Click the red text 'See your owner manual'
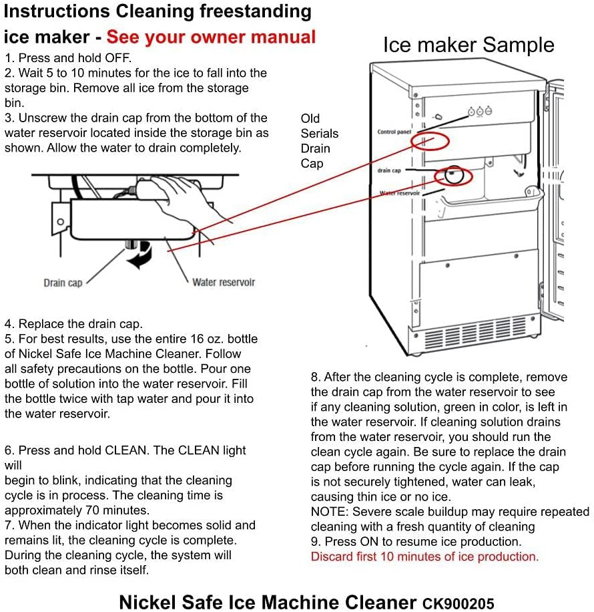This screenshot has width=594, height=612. pyautogui.click(x=211, y=37)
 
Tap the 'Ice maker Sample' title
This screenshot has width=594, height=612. pyautogui.click(x=468, y=45)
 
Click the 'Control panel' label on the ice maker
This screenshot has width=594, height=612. pyautogui.click(x=394, y=132)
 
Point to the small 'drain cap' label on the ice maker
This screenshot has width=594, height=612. pyautogui.click(x=388, y=170)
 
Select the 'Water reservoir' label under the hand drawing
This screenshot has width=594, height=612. pyautogui.click(x=223, y=282)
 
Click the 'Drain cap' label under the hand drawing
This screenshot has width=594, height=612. pyautogui.click(x=63, y=283)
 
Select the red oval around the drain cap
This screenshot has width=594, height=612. pyautogui.click(x=454, y=176)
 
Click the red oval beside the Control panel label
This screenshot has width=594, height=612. pyautogui.click(x=430, y=140)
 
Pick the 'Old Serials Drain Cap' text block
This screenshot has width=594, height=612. pyautogui.click(x=319, y=141)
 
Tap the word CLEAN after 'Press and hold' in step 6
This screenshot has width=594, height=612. pyautogui.click(x=127, y=450)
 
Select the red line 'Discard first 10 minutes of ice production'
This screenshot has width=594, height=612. pyautogui.click(x=424, y=557)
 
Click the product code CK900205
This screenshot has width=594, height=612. pyautogui.click(x=458, y=603)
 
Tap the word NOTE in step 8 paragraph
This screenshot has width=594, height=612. pyautogui.click(x=327, y=512)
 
